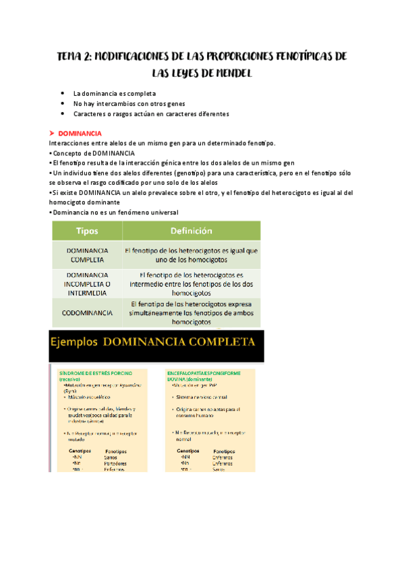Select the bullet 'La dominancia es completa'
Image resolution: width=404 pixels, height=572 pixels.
point(114,93)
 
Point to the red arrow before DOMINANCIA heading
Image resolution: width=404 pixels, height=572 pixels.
point(52,134)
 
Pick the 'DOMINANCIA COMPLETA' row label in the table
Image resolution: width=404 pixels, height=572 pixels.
point(87,254)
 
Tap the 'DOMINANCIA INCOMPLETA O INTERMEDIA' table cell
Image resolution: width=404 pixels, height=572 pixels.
point(87,284)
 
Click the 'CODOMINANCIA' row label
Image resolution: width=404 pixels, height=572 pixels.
point(87,313)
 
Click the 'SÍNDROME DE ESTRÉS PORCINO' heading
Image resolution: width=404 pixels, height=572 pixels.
point(95,373)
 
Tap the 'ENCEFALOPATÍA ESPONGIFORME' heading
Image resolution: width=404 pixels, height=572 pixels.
point(210,373)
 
